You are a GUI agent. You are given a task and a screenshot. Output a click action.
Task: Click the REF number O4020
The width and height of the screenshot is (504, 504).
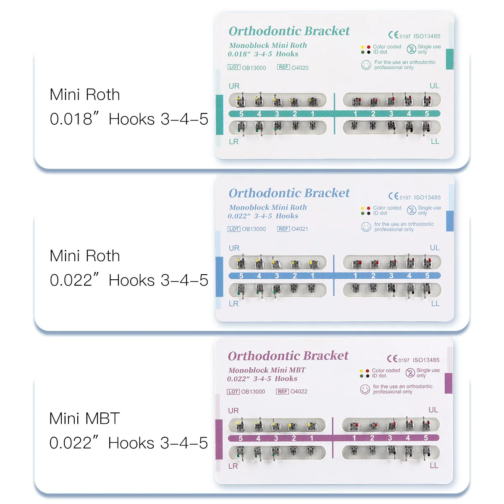pyautogui.click(x=300, y=68)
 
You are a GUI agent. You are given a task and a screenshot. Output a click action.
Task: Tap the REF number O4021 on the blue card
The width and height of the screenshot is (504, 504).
pyautogui.click(x=299, y=229)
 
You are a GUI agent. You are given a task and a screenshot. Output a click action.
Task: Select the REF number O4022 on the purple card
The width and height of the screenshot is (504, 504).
pyautogui.click(x=299, y=391)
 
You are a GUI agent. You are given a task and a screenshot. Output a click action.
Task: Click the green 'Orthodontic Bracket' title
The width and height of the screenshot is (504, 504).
pyautogui.click(x=289, y=31)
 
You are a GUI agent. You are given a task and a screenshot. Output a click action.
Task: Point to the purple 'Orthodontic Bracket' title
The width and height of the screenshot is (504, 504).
pyautogui.click(x=288, y=356)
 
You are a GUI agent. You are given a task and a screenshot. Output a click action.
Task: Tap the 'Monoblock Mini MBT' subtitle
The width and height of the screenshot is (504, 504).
pyautogui.click(x=267, y=370)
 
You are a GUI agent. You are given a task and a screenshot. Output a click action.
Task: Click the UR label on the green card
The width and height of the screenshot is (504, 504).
pyautogui.click(x=234, y=86)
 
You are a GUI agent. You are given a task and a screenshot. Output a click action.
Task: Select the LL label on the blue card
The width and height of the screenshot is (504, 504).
pyautogui.click(x=435, y=303)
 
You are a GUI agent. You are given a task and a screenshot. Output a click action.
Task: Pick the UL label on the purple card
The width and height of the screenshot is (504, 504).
pyautogui.click(x=433, y=410)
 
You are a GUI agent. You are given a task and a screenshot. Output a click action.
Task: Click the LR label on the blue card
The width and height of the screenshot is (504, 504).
pyautogui.click(x=234, y=304)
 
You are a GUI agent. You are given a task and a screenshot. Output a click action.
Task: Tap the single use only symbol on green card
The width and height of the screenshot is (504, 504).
pyautogui.click(x=411, y=49)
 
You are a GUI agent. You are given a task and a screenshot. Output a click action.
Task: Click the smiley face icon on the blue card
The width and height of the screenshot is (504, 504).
pyautogui.click(x=366, y=227)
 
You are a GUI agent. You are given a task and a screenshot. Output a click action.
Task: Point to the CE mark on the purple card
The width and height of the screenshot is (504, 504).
pyautogui.click(x=392, y=359)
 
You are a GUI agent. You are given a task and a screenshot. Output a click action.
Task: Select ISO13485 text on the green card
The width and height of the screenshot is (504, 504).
pyautogui.click(x=427, y=36)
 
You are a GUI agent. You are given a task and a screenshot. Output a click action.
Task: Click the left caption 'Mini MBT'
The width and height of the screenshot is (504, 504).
pyautogui.click(x=84, y=418)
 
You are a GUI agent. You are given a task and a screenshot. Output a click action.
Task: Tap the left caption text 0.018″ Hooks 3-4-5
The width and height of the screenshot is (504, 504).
pyautogui.click(x=129, y=119)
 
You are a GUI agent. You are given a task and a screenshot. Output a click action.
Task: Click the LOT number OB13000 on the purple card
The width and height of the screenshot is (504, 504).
pyautogui.click(x=253, y=391)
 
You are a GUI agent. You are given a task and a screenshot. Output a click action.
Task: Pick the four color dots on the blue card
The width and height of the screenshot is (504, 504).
pyautogui.click(x=365, y=210)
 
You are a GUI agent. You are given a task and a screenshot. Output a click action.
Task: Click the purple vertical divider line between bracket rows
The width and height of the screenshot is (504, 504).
pyautogui.click(x=333, y=438)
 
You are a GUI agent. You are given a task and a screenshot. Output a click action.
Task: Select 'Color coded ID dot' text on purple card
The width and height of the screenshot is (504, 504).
pyautogui.click(x=386, y=373)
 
